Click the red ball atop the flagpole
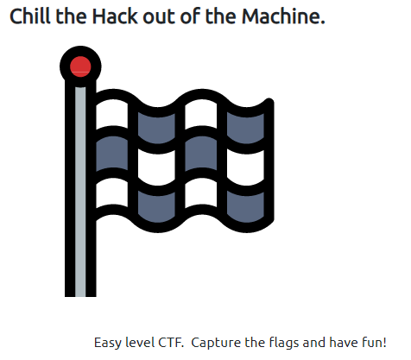(80, 66)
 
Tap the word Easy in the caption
(108, 341)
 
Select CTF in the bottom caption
(173, 341)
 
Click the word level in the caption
(141, 341)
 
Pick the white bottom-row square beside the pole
(113, 195)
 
